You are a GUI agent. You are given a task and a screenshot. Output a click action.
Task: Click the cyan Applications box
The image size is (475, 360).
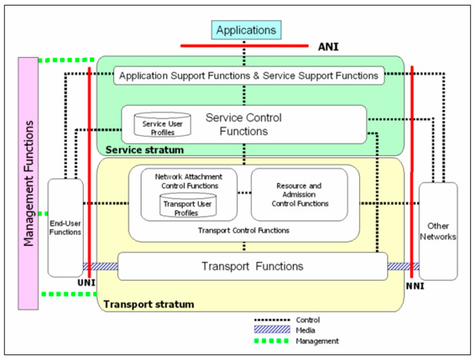[x=246, y=30]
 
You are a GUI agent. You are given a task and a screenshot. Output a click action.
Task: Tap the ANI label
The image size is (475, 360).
[x=328, y=47]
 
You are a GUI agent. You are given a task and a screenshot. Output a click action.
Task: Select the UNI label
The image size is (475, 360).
[x=86, y=283]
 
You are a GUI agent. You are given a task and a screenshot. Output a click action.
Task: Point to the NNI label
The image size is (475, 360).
[x=415, y=286]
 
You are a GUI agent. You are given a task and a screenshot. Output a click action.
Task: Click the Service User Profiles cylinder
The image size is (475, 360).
[x=162, y=125]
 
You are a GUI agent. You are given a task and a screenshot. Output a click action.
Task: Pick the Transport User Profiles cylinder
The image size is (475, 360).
[x=188, y=205]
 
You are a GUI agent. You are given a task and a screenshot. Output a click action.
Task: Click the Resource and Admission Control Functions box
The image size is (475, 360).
[x=299, y=194]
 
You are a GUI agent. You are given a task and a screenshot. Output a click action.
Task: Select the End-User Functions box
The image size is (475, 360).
[x=65, y=227]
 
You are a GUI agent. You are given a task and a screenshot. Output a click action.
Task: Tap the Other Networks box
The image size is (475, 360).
[x=438, y=231]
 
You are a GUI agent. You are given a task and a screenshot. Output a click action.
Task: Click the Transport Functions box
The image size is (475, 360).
[x=252, y=267]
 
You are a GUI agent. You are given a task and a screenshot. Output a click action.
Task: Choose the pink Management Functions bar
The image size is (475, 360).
[x=28, y=183]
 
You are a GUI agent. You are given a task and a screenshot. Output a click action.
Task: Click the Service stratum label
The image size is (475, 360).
[x=145, y=150]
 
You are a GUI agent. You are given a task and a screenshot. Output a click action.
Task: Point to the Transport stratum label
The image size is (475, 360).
[x=149, y=304]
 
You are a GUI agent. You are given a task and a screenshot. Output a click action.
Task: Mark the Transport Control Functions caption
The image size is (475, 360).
[x=244, y=231]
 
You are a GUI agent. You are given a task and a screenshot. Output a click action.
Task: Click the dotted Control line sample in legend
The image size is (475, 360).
[x=272, y=320]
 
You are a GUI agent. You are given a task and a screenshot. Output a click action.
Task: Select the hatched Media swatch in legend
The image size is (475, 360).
[x=272, y=329]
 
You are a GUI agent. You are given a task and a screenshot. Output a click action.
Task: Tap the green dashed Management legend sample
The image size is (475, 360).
[x=272, y=341]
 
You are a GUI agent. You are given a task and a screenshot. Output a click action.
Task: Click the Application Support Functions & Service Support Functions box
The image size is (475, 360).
[x=248, y=76]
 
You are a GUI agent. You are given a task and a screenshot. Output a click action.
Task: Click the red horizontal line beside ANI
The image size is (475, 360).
[x=244, y=46]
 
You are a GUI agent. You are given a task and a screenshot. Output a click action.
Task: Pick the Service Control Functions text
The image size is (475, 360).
[x=244, y=125]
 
